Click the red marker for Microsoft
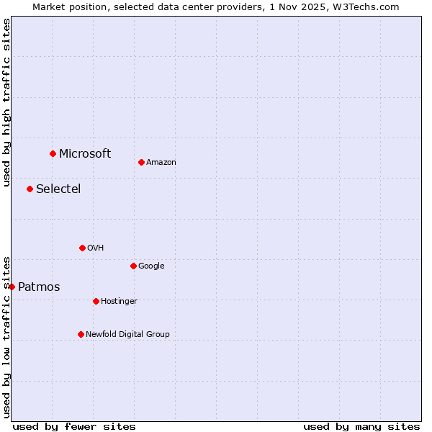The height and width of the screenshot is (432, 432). click(53, 153)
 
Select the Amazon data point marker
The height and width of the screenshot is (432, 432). click(141, 162)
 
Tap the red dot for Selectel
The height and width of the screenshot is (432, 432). click(30, 189)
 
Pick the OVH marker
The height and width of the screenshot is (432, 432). click(82, 248)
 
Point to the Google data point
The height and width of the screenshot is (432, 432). click(133, 266)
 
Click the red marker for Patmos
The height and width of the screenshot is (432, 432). click(12, 287)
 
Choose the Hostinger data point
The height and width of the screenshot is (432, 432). click(96, 301)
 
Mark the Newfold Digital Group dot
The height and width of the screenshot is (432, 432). click(81, 334)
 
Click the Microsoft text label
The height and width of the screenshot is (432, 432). click(85, 153)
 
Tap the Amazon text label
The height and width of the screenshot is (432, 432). click(161, 162)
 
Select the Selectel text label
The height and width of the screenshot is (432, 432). click(58, 189)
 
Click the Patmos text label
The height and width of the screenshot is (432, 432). click(39, 287)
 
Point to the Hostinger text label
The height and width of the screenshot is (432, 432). click(119, 301)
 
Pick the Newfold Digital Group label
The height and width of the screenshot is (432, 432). click(127, 334)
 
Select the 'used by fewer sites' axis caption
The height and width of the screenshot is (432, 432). click(74, 426)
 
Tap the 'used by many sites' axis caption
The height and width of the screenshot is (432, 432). click(361, 426)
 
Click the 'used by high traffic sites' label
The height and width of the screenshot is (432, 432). click(6, 102)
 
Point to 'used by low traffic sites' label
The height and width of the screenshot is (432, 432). click(6, 336)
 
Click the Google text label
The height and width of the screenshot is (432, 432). click(151, 266)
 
